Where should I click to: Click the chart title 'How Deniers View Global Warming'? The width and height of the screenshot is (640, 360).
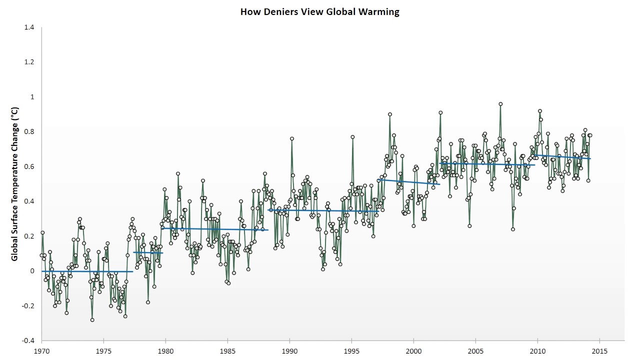click(x=319, y=11)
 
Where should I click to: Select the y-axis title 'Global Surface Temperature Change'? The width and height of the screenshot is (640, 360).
click(x=14, y=184)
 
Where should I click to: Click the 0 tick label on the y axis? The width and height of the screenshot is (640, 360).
click(x=32, y=271)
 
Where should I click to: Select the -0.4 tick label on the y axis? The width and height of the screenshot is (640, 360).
click(x=28, y=341)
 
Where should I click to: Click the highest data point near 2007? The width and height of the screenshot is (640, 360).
click(x=500, y=104)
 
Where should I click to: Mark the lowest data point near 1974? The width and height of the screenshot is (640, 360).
click(x=92, y=320)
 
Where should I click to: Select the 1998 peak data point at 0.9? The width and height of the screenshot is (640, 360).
click(x=389, y=114)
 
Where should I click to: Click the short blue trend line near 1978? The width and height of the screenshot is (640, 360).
click(x=148, y=252)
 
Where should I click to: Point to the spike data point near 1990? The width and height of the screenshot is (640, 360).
click(x=291, y=138)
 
